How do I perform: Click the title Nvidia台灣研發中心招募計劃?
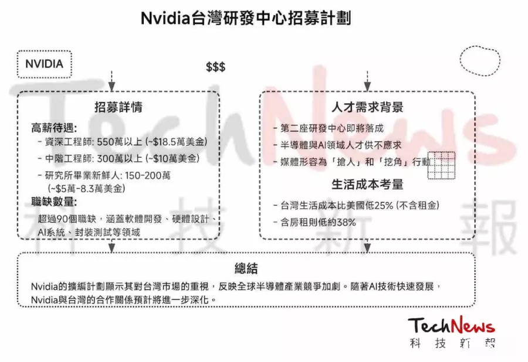tap(246, 18)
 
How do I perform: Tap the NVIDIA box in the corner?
tap(44, 64)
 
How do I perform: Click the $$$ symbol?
tap(215, 67)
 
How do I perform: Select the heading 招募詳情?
tap(118, 107)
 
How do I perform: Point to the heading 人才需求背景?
tap(367, 107)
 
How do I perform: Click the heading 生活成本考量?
tap(367, 184)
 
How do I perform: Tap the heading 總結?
tap(246, 268)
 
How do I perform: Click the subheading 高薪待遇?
tap(54, 128)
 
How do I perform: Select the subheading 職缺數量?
tap(54, 202)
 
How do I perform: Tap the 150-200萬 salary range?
tap(147, 175)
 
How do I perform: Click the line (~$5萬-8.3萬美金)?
tap(86, 188)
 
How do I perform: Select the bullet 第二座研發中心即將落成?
tap(331, 128)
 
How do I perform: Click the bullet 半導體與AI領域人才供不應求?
tap(341, 145)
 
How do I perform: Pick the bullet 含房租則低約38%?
tap(318, 222)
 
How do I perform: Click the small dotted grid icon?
tap(441, 165)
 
